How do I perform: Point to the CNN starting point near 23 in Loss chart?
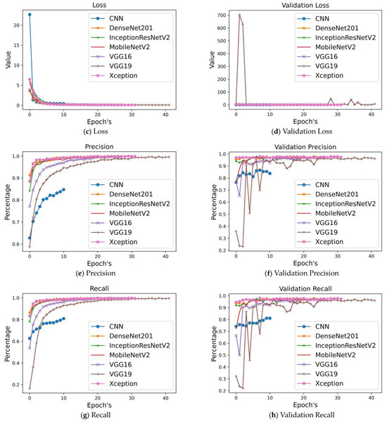[x=29, y=14]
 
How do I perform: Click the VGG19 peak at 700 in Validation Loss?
[x=240, y=15]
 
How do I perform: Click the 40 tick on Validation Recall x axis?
[x=370, y=399]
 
